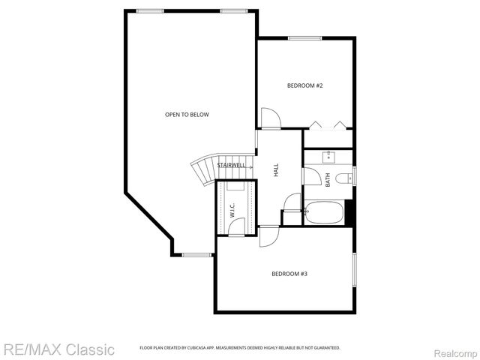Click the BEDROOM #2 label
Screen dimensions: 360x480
[x=304, y=85]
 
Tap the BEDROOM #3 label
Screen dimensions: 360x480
[x=289, y=274]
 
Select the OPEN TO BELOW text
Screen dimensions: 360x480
[x=187, y=114]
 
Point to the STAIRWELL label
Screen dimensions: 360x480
[x=231, y=165]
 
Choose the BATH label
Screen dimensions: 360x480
[x=328, y=180]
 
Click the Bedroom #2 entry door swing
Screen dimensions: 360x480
[x=270, y=118]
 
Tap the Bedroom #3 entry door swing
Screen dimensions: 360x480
[x=268, y=235]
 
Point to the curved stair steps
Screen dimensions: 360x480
[x=202, y=173]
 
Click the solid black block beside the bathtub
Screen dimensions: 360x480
[x=349, y=211]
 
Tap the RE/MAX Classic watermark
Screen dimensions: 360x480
[x=58, y=349]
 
